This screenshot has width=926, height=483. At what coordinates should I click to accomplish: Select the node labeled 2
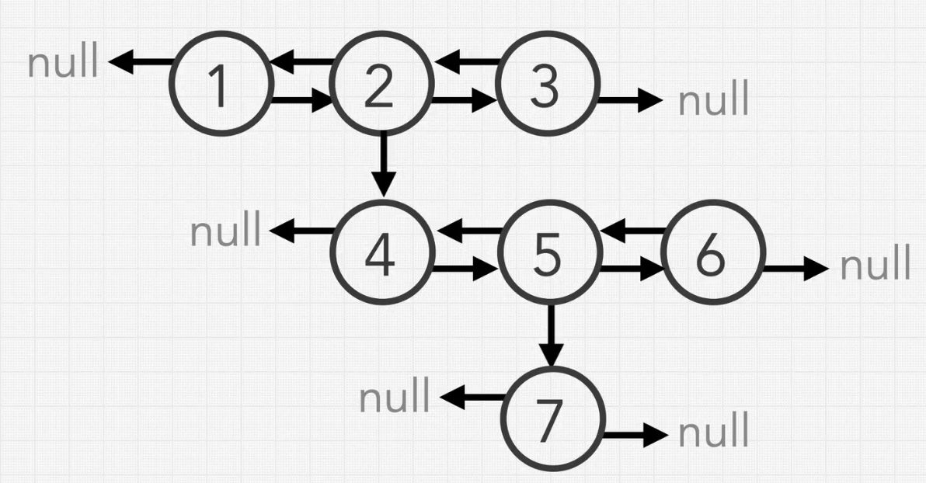point(381,83)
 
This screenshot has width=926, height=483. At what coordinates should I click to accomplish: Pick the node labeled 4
point(381,252)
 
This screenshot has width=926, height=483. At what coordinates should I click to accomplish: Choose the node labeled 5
point(549,253)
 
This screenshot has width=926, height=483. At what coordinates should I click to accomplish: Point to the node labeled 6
point(713,253)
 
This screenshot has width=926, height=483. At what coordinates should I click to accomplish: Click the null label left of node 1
point(64,63)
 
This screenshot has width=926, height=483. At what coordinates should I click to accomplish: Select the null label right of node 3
point(714,101)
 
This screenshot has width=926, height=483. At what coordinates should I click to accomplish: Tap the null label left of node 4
point(227,231)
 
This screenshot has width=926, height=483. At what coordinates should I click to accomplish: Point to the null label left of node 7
point(395,398)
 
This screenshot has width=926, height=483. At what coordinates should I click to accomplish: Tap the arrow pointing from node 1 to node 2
point(300,100)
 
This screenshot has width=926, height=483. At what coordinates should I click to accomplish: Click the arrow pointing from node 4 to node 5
point(464,269)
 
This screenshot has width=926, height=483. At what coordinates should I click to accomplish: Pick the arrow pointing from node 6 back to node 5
point(634,231)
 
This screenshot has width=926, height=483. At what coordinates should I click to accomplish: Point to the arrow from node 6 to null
point(796,269)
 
